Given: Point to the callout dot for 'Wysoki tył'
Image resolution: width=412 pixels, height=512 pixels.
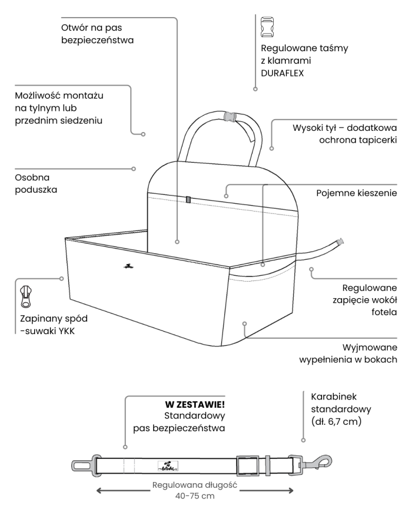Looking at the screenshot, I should [271, 147].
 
